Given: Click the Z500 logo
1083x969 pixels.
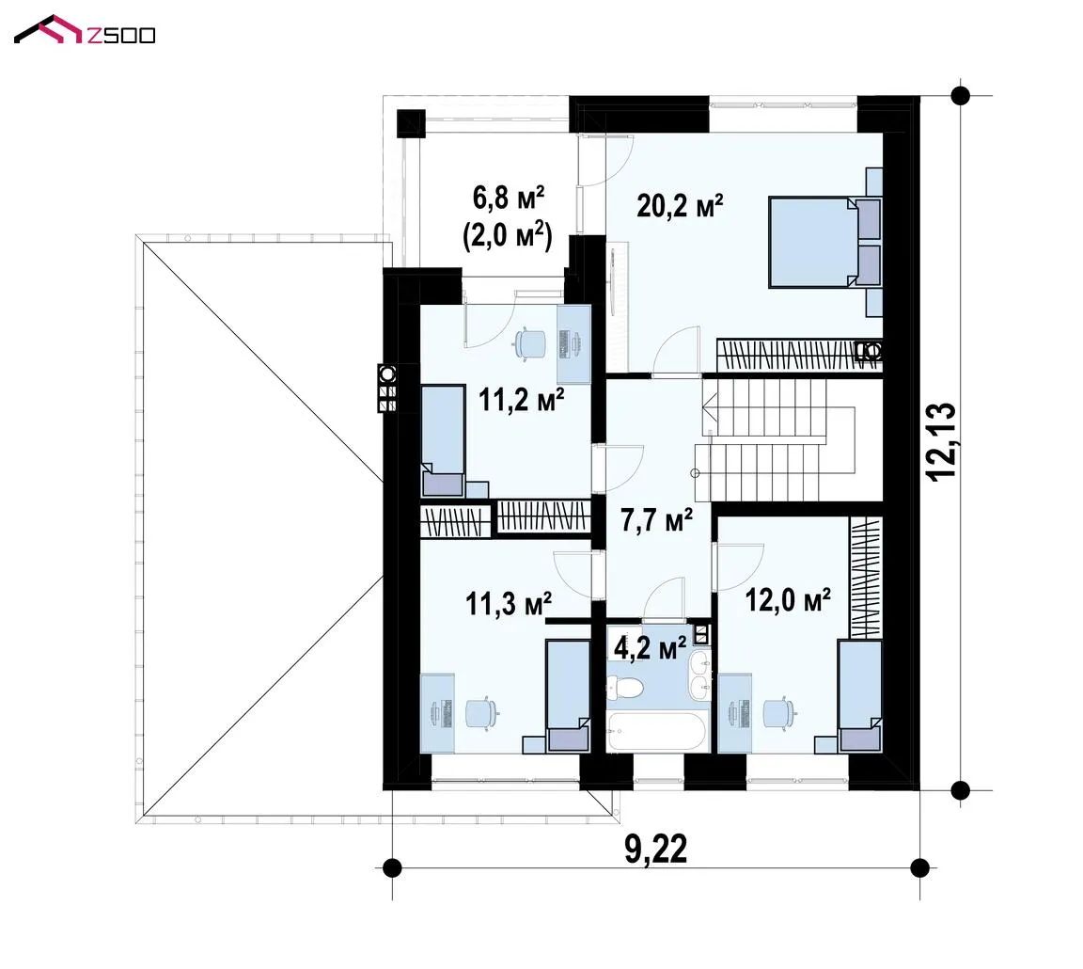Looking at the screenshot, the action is [85, 30].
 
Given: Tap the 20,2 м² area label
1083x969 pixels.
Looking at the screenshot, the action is [680, 205].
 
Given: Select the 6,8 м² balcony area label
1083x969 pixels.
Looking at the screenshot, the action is [509, 199].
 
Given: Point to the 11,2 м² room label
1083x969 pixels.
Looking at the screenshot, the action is [522, 399].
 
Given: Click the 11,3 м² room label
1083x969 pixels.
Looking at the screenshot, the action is [509, 603].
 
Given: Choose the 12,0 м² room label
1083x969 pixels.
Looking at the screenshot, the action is [788, 600].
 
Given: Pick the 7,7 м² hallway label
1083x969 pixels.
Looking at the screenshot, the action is [656, 519].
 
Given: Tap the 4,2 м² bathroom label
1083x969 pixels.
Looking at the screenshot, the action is [650, 648].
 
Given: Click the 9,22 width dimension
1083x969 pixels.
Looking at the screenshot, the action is [656, 849].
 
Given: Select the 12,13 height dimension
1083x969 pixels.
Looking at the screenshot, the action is [941, 441].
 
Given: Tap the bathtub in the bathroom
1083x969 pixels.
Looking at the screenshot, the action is [657, 732].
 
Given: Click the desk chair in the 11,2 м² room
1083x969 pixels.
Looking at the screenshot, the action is [530, 343].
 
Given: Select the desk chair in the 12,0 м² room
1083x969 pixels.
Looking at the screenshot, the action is [779, 712].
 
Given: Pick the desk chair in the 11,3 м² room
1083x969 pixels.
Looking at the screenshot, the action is [481, 713].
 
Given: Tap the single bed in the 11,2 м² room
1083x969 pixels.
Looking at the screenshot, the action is [443, 441].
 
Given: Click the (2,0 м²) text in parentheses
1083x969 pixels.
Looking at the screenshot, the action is [508, 236].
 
